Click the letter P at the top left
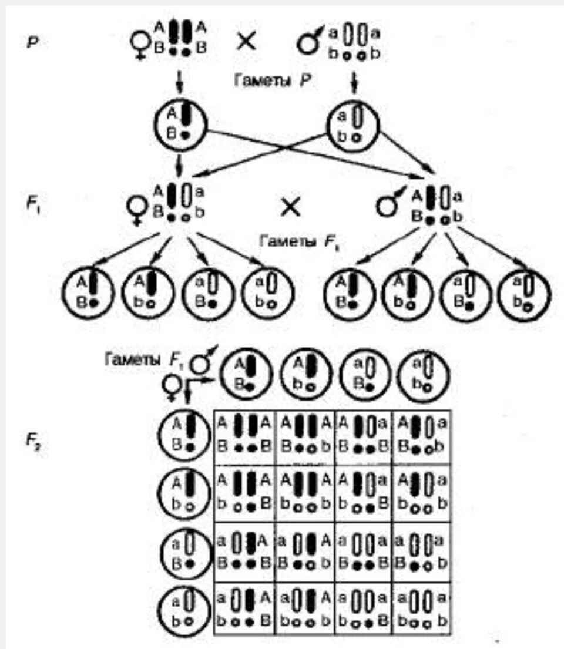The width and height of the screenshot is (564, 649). (x=33, y=43)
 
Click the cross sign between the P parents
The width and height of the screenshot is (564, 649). (x=247, y=42)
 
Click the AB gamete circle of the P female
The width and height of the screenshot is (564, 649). (x=180, y=123)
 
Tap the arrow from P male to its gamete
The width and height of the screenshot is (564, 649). (x=354, y=83)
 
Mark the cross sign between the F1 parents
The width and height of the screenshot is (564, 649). (x=290, y=207)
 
